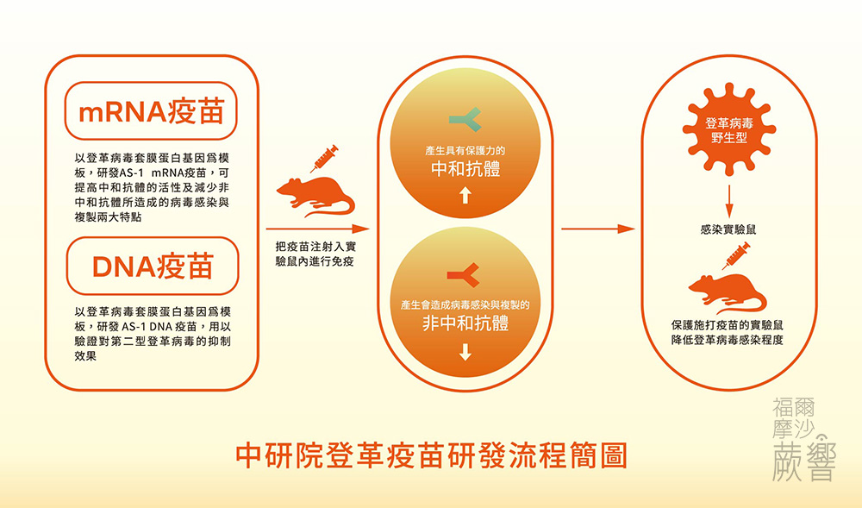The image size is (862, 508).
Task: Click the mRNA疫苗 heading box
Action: pyautogui.click(x=151, y=110)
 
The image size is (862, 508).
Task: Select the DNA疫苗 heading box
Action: pyautogui.click(x=153, y=267)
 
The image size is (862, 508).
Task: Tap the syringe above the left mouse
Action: pyautogui.click(x=324, y=159)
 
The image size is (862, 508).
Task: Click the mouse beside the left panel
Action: pyautogui.click(x=315, y=197)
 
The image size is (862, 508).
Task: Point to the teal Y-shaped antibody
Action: pyautogui.click(x=465, y=120)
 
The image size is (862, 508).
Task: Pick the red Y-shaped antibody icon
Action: pyautogui.click(x=464, y=275)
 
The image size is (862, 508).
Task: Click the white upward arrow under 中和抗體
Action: pyautogui.click(x=465, y=195)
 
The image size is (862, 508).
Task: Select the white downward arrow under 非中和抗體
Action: pyautogui.click(x=465, y=352)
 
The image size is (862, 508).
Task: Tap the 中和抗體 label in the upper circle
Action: pyautogui.click(x=465, y=169)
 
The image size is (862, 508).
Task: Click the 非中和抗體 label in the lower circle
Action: pyautogui.click(x=465, y=323)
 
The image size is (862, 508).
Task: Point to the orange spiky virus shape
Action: pyautogui.click(x=729, y=129)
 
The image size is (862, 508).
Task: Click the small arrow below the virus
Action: pyautogui.click(x=729, y=201)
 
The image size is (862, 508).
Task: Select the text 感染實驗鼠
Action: pyautogui.click(x=728, y=229)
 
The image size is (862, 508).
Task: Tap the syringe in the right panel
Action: pyautogui.click(x=736, y=255)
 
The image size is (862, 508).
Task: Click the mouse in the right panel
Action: pyautogui.click(x=728, y=294)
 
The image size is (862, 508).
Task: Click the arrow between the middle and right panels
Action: pyautogui.click(x=598, y=229)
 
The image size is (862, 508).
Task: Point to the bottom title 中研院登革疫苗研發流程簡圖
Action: pyautogui.click(x=432, y=455)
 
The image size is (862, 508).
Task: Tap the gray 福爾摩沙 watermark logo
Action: pyautogui.click(x=804, y=440)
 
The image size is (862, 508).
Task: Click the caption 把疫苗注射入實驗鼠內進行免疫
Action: pyautogui.click(x=315, y=254)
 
